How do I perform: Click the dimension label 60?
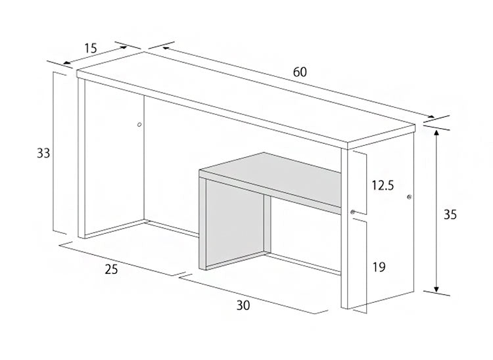[x=300, y=72]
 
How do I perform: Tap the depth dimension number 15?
[x=90, y=47]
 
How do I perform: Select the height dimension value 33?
[x=43, y=153]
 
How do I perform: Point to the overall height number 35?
[x=450, y=214]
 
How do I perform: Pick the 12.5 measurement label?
[x=382, y=185]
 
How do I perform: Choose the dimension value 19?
[x=378, y=267]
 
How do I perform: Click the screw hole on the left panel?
[x=139, y=124]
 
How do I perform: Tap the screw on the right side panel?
[x=409, y=197]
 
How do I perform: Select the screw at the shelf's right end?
[x=353, y=212]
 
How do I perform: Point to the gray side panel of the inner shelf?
[x=235, y=223]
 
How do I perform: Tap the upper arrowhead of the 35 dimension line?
[x=435, y=131]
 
